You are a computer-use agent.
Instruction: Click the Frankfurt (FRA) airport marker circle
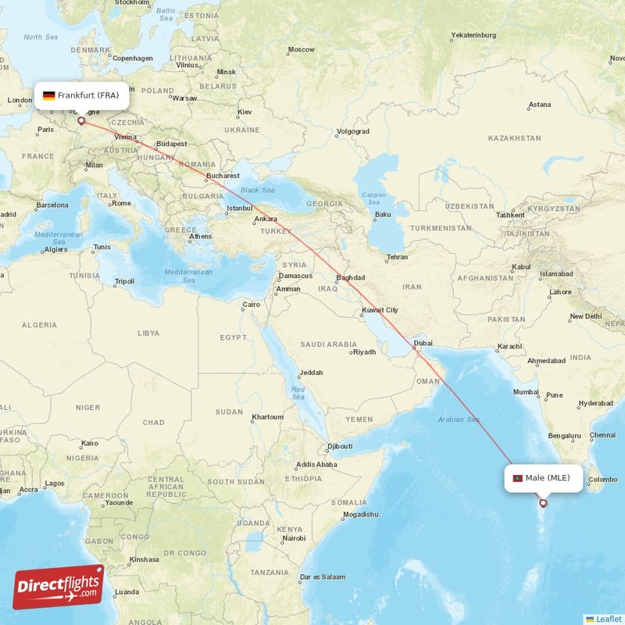[80, 121]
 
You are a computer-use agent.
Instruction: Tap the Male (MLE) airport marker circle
[545, 503]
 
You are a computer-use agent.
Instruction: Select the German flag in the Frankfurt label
[48, 95]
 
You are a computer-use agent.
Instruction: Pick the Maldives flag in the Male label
[516, 478]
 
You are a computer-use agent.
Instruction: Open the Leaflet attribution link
[608, 618]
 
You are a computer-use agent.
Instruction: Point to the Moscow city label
[301, 50]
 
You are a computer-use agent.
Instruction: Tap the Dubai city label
[423, 343]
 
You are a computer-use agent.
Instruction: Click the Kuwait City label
[380, 310]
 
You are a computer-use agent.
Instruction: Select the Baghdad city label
[350, 278]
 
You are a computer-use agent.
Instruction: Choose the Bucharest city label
[223, 177]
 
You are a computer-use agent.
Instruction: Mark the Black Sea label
[258, 190]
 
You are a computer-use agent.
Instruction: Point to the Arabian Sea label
[459, 420]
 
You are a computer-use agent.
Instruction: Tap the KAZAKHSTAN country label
[514, 137]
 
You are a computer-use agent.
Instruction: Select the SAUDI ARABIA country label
[328, 345]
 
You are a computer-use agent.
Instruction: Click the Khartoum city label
[268, 417]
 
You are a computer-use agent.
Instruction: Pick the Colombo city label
[602, 479]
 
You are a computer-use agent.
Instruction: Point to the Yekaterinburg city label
[473, 35]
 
